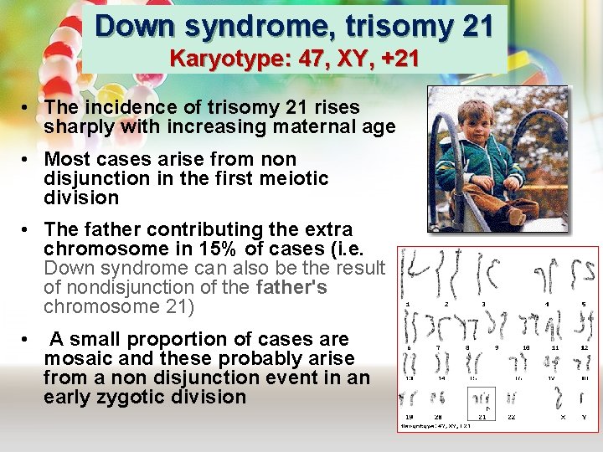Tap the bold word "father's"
(x=292, y=287)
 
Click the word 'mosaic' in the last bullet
(x=83, y=358)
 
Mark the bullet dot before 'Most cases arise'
(x=28, y=159)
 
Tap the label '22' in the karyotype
(x=512, y=416)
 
